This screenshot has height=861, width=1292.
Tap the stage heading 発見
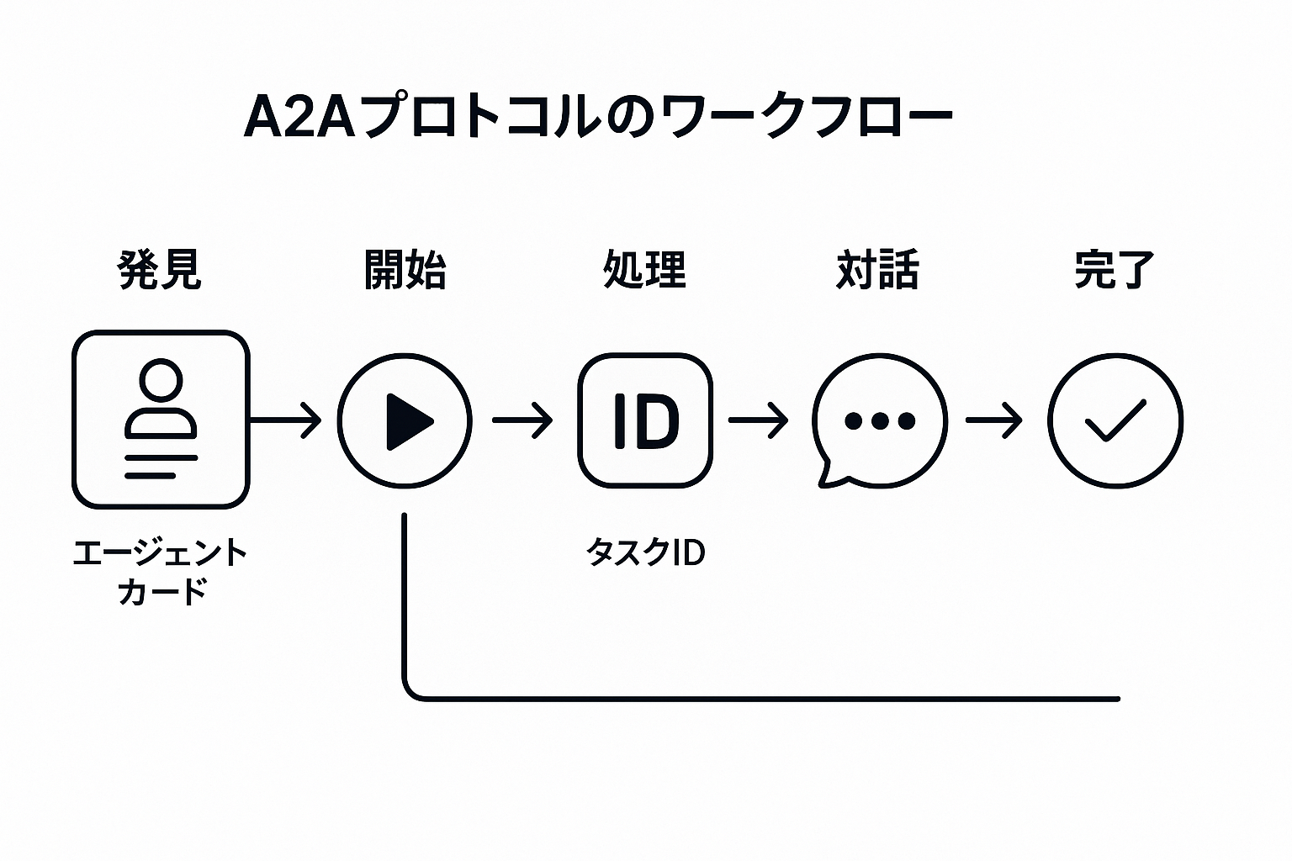(x=160, y=269)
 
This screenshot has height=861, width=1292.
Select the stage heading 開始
(x=405, y=269)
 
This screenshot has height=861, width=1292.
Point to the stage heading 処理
(x=645, y=269)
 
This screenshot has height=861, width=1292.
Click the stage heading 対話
(x=878, y=269)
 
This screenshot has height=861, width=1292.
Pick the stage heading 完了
(x=1115, y=269)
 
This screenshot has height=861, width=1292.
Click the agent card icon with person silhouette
(x=161, y=420)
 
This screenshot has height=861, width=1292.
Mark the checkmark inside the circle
(x=1115, y=420)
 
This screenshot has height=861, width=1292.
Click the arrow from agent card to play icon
(x=285, y=420)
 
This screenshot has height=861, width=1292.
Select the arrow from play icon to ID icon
(x=522, y=420)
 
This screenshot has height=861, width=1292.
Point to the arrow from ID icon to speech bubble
(x=759, y=420)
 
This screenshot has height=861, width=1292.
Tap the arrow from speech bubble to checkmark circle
(x=994, y=420)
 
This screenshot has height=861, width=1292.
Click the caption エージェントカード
(x=161, y=572)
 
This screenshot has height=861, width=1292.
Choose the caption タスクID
(x=645, y=552)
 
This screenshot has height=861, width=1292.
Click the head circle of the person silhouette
(x=161, y=380)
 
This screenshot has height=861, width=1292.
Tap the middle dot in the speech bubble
(x=880, y=421)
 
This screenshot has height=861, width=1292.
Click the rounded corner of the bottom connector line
(x=410, y=693)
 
